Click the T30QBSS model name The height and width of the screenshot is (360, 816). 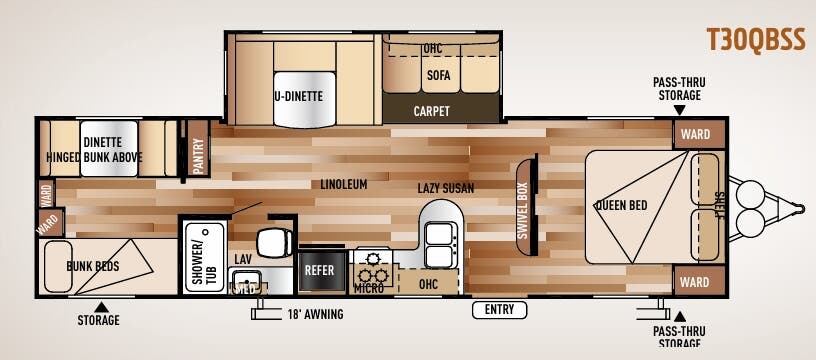(755, 40)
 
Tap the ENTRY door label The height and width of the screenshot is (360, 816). (499, 310)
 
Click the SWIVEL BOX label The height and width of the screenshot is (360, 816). (523, 211)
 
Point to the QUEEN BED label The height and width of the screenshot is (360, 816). (621, 205)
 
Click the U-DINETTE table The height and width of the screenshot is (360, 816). (305, 99)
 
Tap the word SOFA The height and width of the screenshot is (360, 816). (439, 75)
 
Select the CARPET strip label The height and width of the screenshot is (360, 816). (431, 111)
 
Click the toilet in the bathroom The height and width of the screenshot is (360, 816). (274, 242)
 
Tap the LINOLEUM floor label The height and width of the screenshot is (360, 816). (343, 184)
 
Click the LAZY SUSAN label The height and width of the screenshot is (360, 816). (445, 188)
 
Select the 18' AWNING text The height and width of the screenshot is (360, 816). (315, 314)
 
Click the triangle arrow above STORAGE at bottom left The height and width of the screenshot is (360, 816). (101, 307)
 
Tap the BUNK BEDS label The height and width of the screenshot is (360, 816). (93, 267)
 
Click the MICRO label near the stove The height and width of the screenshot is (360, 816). (369, 288)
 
